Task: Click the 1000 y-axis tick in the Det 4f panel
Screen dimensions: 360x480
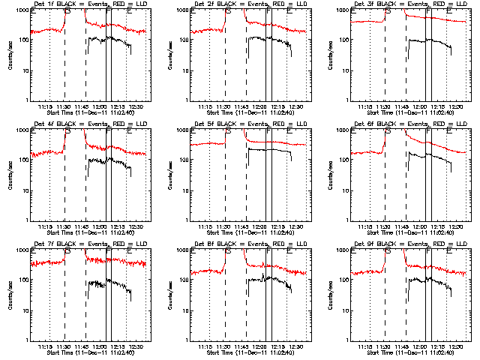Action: coord(22,130)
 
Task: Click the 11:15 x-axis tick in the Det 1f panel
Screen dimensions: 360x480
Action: coord(46,106)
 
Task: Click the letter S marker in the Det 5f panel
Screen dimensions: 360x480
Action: coord(228,132)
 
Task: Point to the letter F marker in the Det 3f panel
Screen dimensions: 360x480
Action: coord(428,12)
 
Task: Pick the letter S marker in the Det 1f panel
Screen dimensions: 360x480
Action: coord(68,12)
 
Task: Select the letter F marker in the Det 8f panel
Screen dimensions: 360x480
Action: coord(268,252)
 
